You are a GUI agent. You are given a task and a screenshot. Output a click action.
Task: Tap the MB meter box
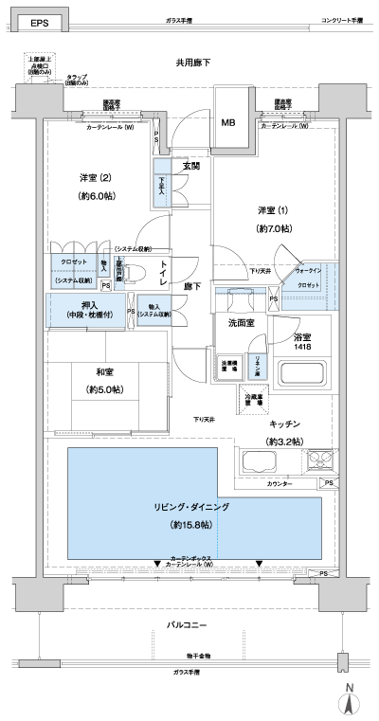click(x=228, y=121)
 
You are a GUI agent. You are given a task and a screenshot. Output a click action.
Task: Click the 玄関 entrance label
click(x=191, y=167)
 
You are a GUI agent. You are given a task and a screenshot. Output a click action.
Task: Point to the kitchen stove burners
click(x=318, y=462)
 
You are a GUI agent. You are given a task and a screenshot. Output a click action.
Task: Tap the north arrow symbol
click(x=349, y=701)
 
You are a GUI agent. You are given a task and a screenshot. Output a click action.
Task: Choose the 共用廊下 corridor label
click(x=192, y=63)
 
